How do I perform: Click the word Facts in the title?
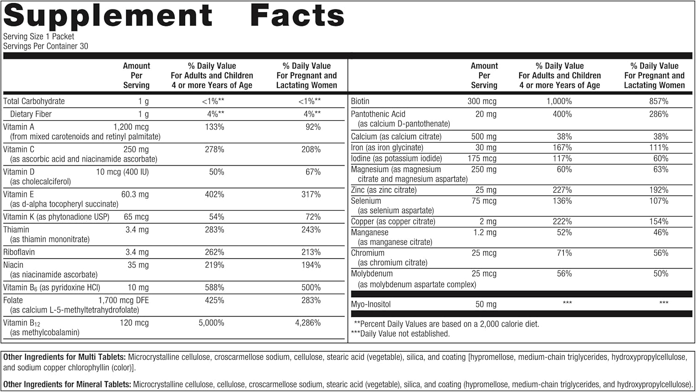pos(297,16)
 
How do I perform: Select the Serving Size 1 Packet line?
pos(39,36)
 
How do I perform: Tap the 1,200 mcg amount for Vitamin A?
pos(131,127)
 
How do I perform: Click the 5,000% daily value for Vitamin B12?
pos(211,323)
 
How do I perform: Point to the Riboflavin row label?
pos(19,252)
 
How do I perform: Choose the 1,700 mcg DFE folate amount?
pos(123,301)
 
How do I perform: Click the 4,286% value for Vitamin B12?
pos(308,323)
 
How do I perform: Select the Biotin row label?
pos(360,101)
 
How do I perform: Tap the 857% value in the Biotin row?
pos(659,101)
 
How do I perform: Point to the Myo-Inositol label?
pos(371,305)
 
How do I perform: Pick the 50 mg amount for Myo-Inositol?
pos(486,305)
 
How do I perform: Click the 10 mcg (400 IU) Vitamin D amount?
pos(122,172)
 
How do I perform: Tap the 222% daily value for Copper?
pos(562,222)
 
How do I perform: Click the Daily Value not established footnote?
pos(400,333)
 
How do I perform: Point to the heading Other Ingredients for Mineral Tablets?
pos(67,385)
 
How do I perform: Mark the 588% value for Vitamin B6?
pos(214,287)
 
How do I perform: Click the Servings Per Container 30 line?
pos(45,46)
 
